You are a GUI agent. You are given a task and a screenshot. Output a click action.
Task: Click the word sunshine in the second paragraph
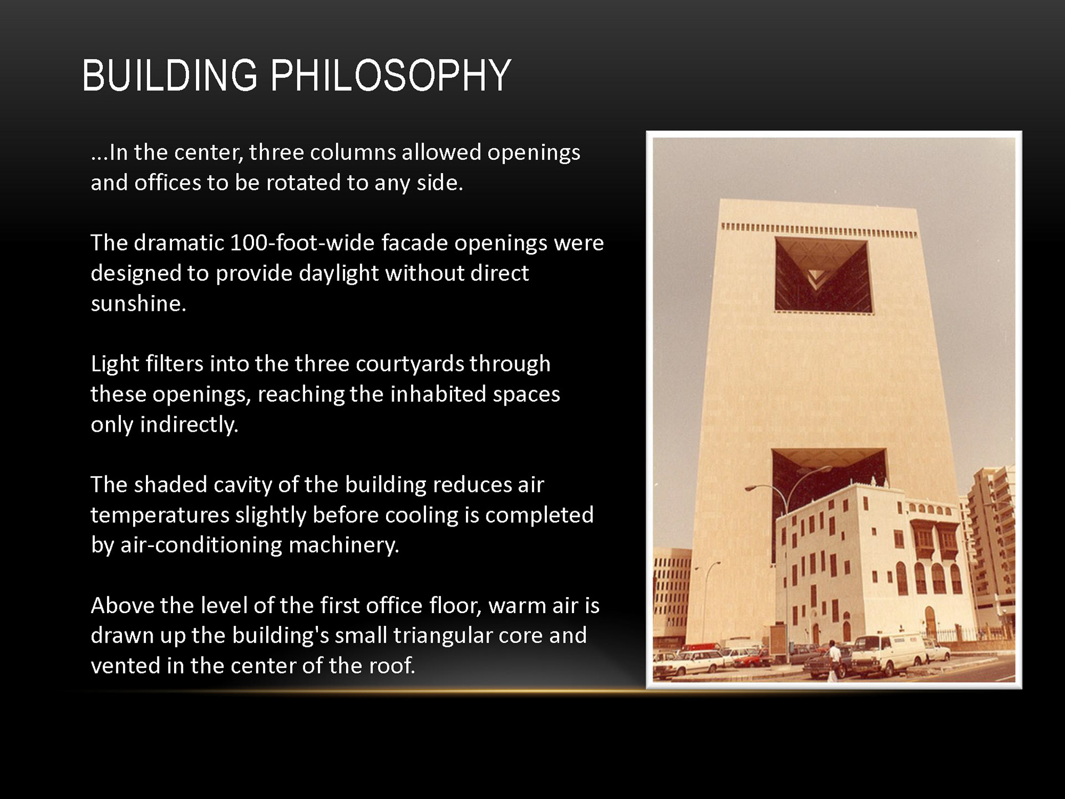coord(139,304)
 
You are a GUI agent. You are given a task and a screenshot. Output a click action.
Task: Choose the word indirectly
coord(189,425)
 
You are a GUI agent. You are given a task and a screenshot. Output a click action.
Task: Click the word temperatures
coord(160,515)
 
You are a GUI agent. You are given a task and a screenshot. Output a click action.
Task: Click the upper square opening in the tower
coord(824,275)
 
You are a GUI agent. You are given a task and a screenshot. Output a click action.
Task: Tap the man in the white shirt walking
coord(832,660)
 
